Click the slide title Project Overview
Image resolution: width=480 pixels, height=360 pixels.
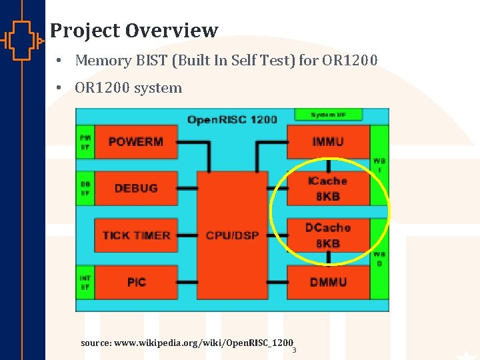click(134, 31)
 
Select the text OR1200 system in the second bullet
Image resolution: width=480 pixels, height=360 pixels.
click(128, 88)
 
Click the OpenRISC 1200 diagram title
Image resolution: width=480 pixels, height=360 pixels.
click(232, 119)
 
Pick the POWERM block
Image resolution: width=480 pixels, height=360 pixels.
click(136, 141)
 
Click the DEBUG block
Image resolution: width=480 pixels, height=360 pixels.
click(136, 188)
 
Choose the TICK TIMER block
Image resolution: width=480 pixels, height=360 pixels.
click(136, 235)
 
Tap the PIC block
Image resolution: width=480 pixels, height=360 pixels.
click(136, 282)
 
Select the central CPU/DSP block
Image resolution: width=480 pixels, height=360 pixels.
click(232, 235)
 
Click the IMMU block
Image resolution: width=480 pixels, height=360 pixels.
click(328, 141)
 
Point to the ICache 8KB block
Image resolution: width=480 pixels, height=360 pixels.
click(328, 189)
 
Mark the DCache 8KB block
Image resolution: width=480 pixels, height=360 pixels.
click(328, 235)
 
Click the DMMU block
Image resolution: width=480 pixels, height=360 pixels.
click(328, 282)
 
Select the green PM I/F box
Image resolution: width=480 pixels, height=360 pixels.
click(85, 141)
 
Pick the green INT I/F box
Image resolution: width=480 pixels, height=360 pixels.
click(85, 282)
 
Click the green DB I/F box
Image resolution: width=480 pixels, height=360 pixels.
click(85, 188)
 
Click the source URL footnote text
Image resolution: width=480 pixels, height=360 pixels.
click(187, 343)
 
